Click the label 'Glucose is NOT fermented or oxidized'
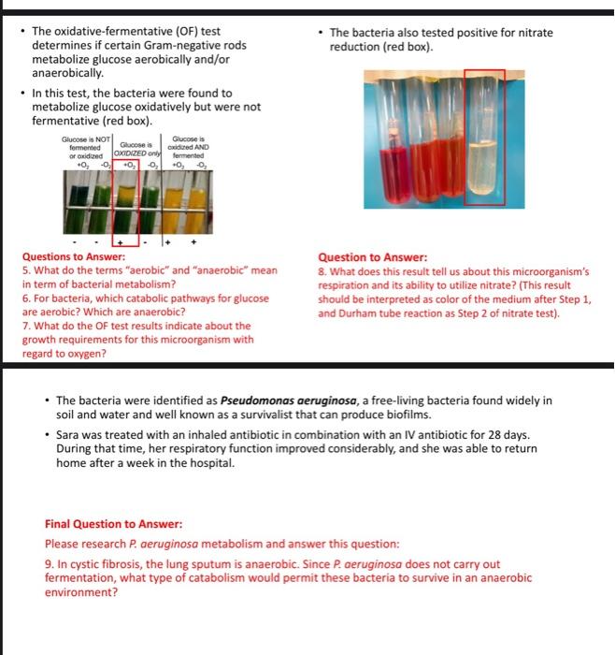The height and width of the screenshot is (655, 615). click(x=86, y=150)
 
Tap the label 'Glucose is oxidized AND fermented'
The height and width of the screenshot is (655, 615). click(x=189, y=150)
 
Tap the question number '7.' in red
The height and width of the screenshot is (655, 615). click(x=27, y=327)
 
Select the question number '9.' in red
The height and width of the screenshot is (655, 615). click(x=50, y=565)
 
